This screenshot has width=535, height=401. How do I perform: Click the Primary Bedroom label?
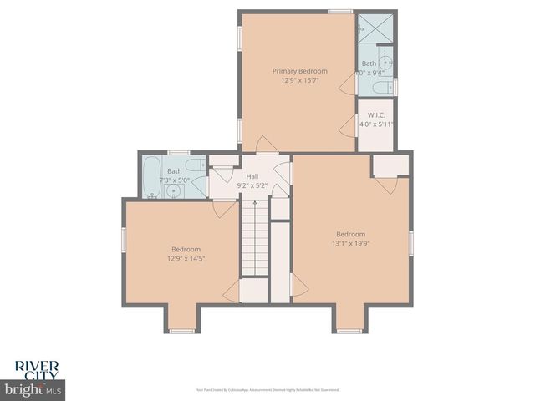[x=299, y=71]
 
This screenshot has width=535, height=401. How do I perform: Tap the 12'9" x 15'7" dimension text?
[x=299, y=81]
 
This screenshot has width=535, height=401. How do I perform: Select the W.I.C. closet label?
[x=375, y=115]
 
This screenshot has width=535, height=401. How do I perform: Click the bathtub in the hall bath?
[x=151, y=177]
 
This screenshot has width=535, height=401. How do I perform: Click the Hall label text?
[x=252, y=176]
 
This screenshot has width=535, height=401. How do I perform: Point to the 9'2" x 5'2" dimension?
[x=252, y=185]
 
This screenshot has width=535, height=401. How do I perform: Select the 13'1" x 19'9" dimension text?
[x=351, y=244]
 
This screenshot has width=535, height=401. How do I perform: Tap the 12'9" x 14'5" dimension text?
[x=186, y=259]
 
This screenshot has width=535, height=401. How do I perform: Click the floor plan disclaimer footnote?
[x=267, y=389]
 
